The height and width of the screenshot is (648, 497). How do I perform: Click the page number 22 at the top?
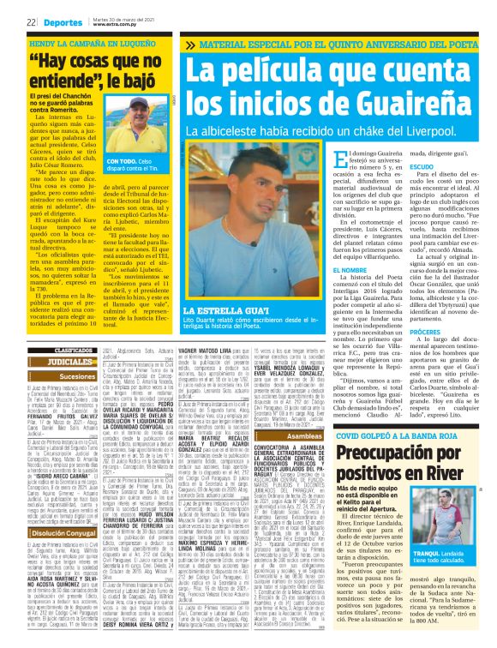tap(9, 11)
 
